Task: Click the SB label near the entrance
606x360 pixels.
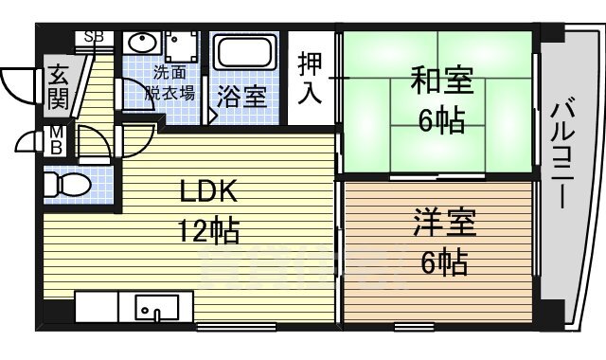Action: pyautogui.click(x=95, y=37)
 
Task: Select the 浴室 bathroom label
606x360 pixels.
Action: pyautogui.click(x=243, y=96)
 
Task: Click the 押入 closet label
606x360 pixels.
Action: pyautogui.click(x=310, y=78)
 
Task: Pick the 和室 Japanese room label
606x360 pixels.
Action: pyautogui.click(x=441, y=81)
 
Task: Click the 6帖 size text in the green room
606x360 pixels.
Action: pyautogui.click(x=442, y=120)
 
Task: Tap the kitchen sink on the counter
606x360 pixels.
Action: pyautogui.click(x=151, y=308)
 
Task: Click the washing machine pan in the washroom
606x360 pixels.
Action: pyautogui.click(x=182, y=46)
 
